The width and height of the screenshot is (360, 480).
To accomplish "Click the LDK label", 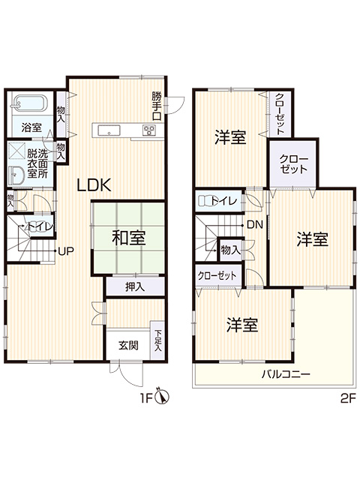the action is (93, 185).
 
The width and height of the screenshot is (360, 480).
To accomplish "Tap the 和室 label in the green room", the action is (128, 238).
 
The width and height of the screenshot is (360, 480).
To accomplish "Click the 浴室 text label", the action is (31, 127).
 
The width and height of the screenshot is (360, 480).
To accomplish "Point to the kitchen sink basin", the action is (108, 130).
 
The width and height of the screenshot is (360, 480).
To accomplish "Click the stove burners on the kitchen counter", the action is (148, 130).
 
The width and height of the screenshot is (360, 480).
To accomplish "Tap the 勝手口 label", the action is (157, 106).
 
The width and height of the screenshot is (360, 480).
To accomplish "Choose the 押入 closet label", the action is (135, 286).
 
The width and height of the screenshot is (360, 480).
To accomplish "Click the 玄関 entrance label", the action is (128, 345).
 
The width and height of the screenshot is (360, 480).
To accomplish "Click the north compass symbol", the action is (162, 397).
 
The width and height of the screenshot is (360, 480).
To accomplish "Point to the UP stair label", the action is (66, 251).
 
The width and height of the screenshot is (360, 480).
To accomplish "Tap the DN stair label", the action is (255, 225).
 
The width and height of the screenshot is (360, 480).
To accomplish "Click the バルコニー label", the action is (286, 374).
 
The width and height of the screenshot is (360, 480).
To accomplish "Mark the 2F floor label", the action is (348, 398).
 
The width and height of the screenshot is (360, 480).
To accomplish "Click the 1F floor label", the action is (146, 398).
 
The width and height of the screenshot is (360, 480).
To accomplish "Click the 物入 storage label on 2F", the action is (230, 250).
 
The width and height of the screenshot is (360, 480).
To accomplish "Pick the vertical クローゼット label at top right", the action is (280, 114).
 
